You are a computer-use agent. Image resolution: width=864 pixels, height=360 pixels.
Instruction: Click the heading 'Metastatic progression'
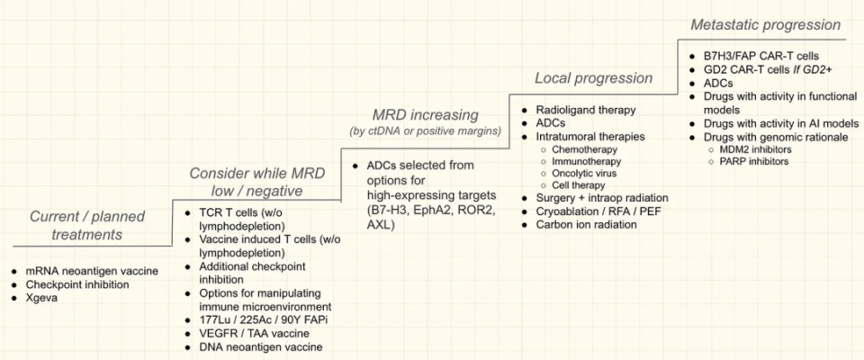pyautogui.click(x=765, y=24)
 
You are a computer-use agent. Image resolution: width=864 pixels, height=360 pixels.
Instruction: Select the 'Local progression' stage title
pyautogui.click(x=593, y=78)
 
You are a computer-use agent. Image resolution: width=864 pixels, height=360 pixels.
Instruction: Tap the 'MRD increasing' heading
pyautogui.click(x=425, y=116)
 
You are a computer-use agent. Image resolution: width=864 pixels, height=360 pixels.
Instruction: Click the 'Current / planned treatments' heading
pyautogui.click(x=87, y=225)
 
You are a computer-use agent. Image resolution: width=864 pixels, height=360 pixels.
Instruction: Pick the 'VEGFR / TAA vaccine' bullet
pyautogui.click(x=254, y=333)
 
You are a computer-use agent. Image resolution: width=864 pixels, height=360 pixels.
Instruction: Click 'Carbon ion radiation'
pyautogui.click(x=586, y=224)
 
